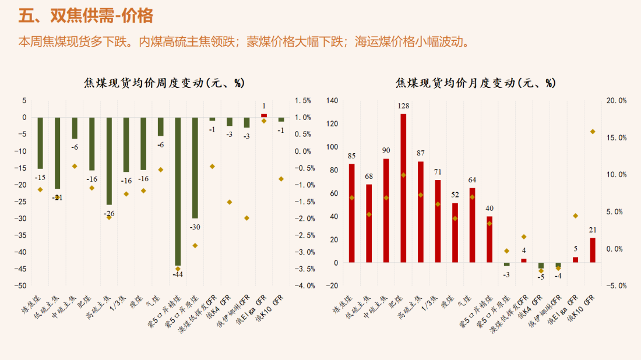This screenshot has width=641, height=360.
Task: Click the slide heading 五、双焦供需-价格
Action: (x=86, y=16)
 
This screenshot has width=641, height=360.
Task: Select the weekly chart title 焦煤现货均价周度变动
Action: (x=164, y=83)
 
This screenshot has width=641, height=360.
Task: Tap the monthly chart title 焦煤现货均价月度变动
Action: (x=475, y=83)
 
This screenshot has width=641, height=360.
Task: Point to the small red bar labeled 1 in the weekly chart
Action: (x=264, y=115)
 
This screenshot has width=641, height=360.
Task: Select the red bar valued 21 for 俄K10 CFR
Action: (x=593, y=250)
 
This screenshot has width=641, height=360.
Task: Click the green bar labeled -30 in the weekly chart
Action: (x=195, y=168)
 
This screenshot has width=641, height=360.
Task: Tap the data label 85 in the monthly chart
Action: (x=351, y=156)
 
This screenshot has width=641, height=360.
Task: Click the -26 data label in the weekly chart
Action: (x=109, y=214)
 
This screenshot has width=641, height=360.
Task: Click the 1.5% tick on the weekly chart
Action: (x=303, y=101)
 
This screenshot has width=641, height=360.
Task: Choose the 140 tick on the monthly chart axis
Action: (x=332, y=101)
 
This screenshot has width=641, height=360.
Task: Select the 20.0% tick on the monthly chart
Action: (x=616, y=101)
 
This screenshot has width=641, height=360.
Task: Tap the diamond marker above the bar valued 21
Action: (x=593, y=132)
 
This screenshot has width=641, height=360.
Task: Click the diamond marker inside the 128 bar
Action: (x=403, y=175)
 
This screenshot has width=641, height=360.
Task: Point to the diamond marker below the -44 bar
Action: (x=178, y=269)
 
